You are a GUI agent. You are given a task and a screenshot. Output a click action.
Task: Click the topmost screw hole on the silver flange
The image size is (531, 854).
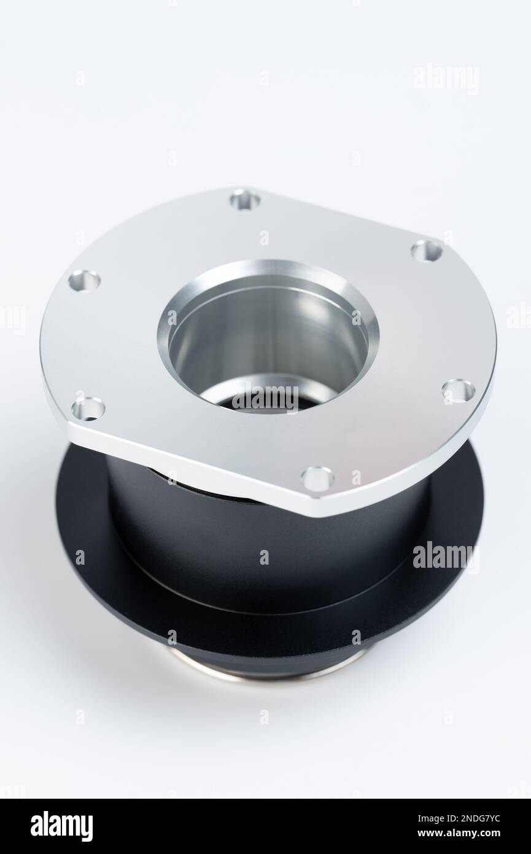pos(246,200)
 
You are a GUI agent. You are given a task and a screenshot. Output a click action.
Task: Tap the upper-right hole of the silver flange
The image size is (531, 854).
pos(427,251)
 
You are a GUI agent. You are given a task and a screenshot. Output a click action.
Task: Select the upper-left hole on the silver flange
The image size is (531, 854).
pos(84,280)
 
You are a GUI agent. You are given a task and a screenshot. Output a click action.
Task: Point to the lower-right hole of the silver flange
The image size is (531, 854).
pos(459,391)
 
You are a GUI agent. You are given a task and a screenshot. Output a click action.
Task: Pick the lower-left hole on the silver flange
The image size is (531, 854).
pos(88,409)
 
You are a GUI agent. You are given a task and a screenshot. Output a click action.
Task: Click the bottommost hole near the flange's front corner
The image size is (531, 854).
pos(318,479)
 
